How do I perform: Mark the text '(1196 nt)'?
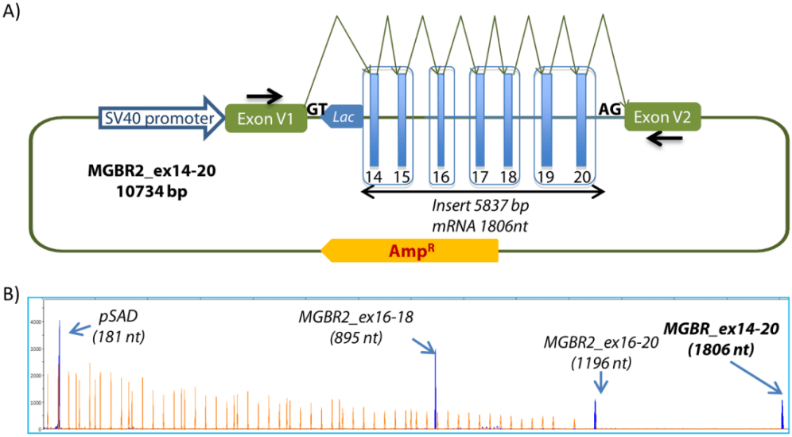tap(600, 363)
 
